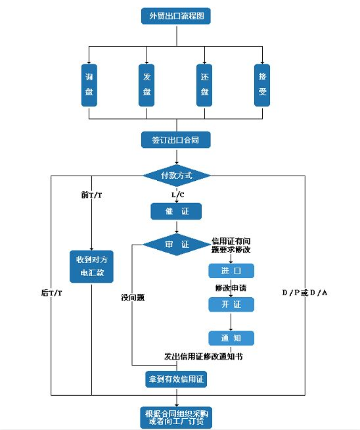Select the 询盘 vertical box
90,85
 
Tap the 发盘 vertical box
147,85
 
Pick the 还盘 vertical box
205,85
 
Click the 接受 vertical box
263,85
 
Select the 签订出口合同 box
176,140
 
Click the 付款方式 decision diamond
176,176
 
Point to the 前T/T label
92,195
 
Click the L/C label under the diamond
177,195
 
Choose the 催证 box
176,211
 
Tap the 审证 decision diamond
176,245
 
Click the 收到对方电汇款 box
91,265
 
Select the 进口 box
231,271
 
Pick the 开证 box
231,304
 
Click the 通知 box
231,338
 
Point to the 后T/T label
52,292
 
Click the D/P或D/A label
305,292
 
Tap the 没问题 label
133,297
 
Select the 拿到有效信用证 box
176,379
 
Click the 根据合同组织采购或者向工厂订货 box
176,417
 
